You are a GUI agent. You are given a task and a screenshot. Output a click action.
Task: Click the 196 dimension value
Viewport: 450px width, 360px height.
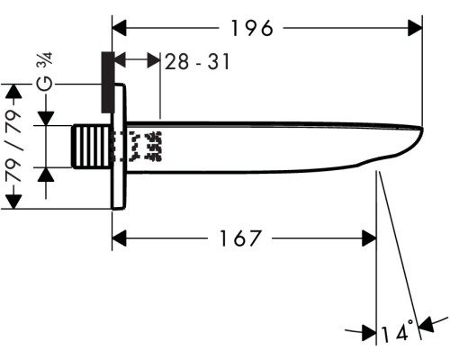click(x=252, y=28)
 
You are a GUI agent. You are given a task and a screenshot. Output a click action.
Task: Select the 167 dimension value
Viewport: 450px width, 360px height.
click(x=240, y=238)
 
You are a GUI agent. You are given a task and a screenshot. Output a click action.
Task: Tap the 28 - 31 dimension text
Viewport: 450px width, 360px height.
click(x=197, y=61)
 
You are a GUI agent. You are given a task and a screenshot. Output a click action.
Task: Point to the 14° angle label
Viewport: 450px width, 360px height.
click(x=397, y=331)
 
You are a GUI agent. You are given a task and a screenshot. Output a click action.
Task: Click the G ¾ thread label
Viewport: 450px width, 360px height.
click(x=45, y=71)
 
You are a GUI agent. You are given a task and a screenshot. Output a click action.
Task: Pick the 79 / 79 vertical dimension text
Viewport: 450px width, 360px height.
click(x=13, y=146)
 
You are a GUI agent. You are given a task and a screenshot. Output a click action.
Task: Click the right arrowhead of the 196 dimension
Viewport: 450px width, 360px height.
click(x=415, y=28)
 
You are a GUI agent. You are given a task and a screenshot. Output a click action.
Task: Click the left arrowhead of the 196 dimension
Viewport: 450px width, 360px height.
click(x=120, y=28)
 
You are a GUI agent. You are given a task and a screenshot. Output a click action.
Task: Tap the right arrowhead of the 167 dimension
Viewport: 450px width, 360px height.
click(x=369, y=238)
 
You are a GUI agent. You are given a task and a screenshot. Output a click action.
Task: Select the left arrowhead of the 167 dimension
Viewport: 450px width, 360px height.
click(x=120, y=238)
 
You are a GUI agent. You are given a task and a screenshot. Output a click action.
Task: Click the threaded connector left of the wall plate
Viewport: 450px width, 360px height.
click(x=92, y=147)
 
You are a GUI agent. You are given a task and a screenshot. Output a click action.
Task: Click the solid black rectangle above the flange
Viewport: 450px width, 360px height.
click(x=108, y=83)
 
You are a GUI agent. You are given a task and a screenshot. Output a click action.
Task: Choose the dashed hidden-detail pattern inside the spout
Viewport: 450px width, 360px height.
click(x=138, y=147)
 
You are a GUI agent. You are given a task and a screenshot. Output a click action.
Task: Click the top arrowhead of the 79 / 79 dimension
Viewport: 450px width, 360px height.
click(x=13, y=91)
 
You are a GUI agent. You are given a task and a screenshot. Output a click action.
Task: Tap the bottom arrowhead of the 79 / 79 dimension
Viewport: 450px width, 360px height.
click(x=13, y=202)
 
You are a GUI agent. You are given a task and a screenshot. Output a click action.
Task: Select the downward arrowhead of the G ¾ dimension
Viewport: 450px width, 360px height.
click(x=46, y=118)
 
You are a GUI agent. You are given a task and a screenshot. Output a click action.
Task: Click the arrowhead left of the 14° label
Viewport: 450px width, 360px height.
click(x=369, y=332)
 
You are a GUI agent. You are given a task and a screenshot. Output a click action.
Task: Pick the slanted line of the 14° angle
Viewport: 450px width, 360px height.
click(x=400, y=256)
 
